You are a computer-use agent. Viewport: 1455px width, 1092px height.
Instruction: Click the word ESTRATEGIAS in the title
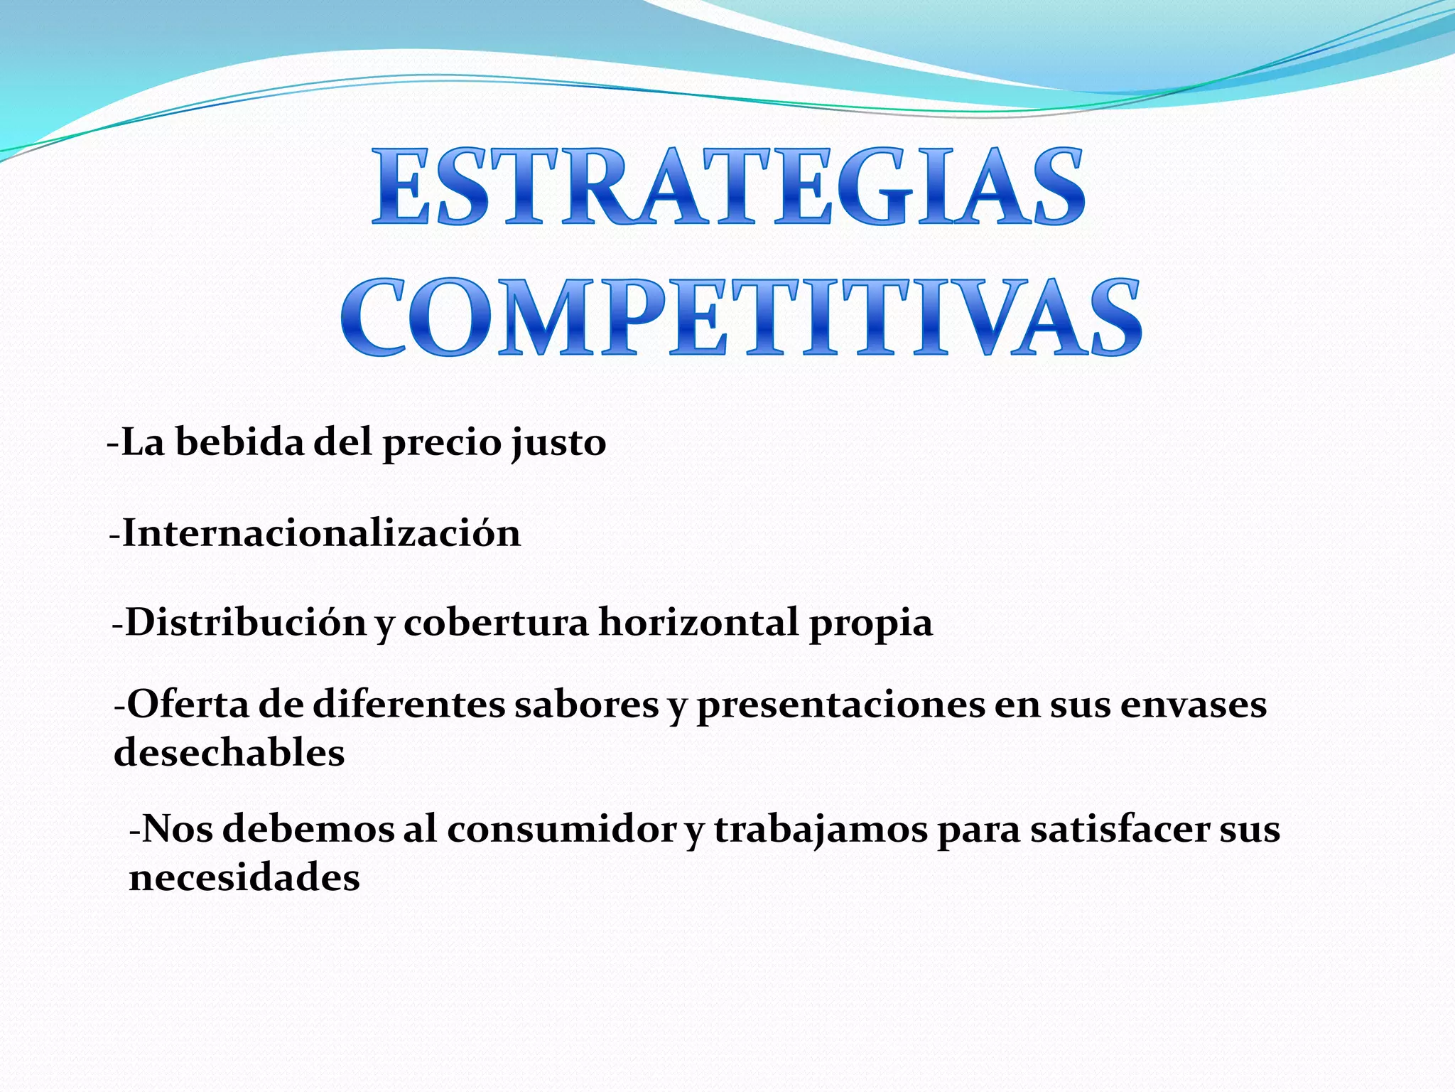[x=728, y=186]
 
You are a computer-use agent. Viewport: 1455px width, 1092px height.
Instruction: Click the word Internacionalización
[x=321, y=533]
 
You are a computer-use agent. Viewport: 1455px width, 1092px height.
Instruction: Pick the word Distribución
[x=246, y=623]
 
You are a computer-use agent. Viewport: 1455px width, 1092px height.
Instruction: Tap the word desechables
[x=229, y=752]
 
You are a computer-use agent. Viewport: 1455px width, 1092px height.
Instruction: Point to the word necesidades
[x=244, y=877]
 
